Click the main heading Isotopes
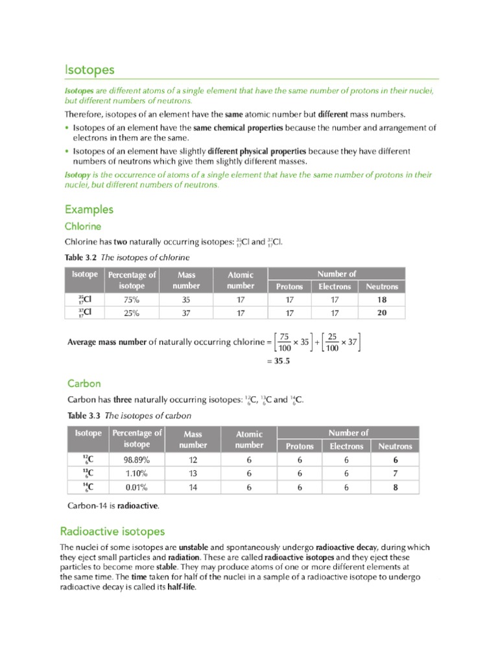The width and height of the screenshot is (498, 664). [x=89, y=69]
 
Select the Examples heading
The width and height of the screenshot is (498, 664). [x=89, y=209]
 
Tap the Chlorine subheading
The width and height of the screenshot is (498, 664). [x=82, y=226]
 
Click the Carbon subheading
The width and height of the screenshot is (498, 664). [x=84, y=383]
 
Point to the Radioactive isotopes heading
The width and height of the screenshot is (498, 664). [x=113, y=532]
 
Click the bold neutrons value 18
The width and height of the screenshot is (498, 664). [x=382, y=300]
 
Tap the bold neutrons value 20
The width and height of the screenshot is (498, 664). [x=382, y=313]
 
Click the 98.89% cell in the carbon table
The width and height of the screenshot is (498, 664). [x=136, y=460]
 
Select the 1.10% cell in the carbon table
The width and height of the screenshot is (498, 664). [x=136, y=473]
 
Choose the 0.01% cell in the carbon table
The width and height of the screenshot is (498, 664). [x=136, y=487]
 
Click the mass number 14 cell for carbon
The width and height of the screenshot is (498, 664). [x=193, y=487]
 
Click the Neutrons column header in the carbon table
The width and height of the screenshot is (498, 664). [x=395, y=446]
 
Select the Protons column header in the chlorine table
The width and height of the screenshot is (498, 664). [x=289, y=287]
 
